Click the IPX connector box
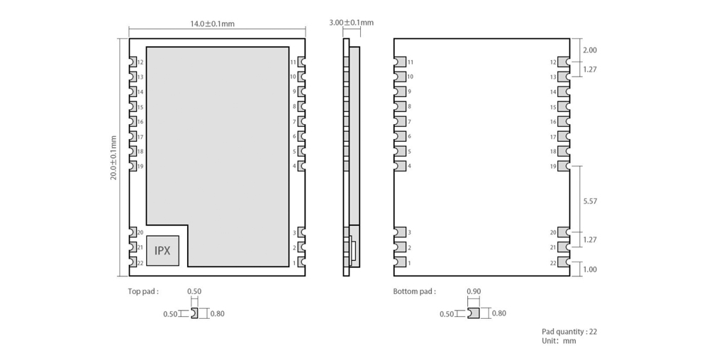tap(162, 251)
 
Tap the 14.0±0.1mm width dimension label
tap(212, 23)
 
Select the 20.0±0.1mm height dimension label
tap(113, 157)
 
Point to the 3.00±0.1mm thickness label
tap(352, 23)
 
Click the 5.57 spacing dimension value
tap(590, 201)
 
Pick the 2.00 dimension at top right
tap(590, 50)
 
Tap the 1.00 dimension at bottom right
tap(590, 270)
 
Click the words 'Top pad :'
tap(143, 291)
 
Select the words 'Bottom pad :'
tap(415, 291)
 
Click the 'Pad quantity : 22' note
tap(569, 332)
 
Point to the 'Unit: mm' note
tap(559, 341)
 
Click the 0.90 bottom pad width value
tap(474, 292)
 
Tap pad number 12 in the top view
tap(133, 62)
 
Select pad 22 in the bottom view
tap(564, 261)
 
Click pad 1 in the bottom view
tap(400, 262)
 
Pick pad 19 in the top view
tap(133, 167)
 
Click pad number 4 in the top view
tap(301, 166)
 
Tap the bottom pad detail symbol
tap(474, 313)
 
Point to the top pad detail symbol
tap(194, 313)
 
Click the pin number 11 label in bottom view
tap(411, 62)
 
